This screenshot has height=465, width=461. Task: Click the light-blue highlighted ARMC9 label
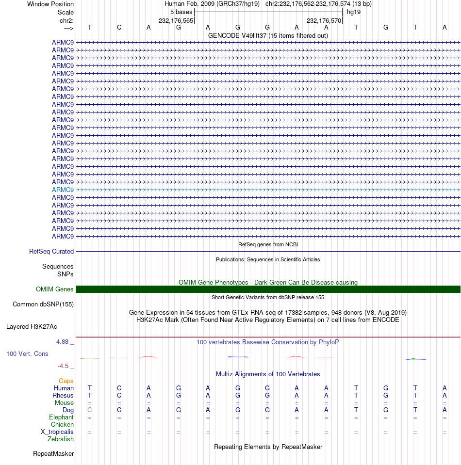tap(63, 190)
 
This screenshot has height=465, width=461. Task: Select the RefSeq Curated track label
tap(51, 252)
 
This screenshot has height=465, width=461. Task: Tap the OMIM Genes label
tap(54, 289)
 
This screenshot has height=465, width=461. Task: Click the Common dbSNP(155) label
tap(43, 305)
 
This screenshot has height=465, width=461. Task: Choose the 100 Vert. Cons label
tap(27, 354)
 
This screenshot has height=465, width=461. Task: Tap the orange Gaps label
tap(66, 381)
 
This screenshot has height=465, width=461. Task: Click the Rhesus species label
tap(64, 396)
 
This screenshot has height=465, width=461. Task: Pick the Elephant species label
tap(61, 417)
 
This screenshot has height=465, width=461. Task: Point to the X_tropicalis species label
tap(57, 432)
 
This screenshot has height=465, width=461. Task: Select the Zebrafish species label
tap(61, 439)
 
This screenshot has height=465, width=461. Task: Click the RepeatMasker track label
tap(53, 454)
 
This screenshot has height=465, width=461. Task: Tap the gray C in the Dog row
tap(90, 410)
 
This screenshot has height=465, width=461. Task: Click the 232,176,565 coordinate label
tap(176, 20)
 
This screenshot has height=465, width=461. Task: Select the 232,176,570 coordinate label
tap(324, 20)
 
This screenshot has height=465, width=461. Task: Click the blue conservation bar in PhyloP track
tap(238, 357)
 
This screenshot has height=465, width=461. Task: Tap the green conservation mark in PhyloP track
tap(413, 358)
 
